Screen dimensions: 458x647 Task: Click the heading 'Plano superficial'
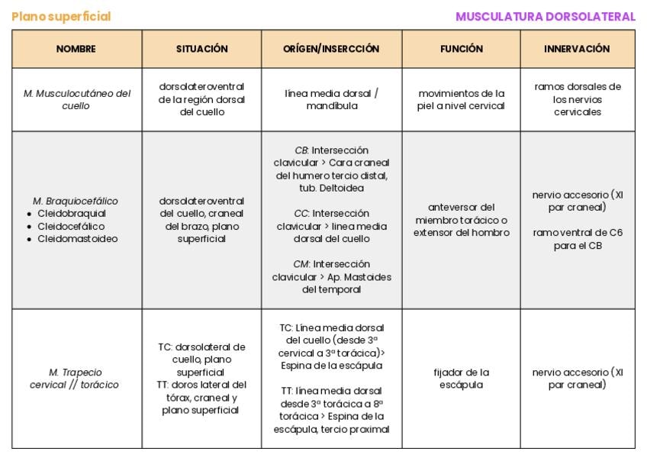(x=61, y=17)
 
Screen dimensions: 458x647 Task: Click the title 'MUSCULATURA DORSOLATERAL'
(x=545, y=17)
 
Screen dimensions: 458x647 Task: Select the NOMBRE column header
(x=76, y=49)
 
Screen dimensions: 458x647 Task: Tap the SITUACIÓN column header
(x=201, y=49)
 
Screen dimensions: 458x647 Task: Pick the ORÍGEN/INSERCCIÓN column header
(x=331, y=49)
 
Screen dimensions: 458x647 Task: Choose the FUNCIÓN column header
(x=461, y=49)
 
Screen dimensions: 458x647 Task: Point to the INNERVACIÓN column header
(x=577, y=49)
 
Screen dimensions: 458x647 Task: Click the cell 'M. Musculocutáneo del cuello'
(x=76, y=99)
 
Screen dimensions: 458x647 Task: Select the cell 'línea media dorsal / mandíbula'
(x=331, y=99)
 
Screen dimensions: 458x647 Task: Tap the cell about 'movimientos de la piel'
(x=461, y=99)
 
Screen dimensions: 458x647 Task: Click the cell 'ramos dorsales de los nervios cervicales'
(x=577, y=99)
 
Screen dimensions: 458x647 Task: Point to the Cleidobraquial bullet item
(x=72, y=214)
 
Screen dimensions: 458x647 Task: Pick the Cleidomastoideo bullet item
(x=77, y=239)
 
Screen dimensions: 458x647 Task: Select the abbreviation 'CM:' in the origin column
(x=301, y=264)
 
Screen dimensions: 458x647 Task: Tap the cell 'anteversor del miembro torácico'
(x=461, y=220)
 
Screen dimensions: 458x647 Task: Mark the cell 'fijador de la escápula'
(x=461, y=379)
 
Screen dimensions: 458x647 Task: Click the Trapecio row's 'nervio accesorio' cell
(x=577, y=379)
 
